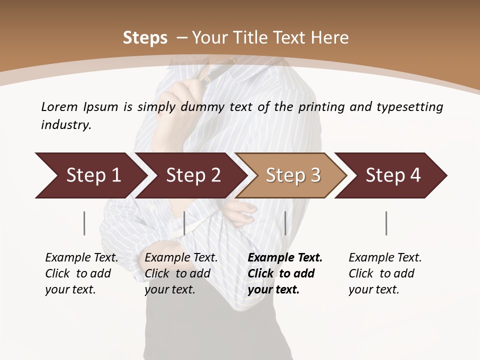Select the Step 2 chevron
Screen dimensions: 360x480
point(193,175)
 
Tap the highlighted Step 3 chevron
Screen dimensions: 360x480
point(292,175)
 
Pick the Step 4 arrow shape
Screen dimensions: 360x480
point(393,175)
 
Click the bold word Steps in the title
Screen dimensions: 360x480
point(145,38)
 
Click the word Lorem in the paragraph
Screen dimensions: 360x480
point(59,106)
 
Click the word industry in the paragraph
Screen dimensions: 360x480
point(65,124)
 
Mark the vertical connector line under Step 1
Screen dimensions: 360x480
point(84,223)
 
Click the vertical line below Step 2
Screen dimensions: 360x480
point(184,223)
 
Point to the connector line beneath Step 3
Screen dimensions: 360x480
point(285,223)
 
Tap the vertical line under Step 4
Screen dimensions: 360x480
point(386,223)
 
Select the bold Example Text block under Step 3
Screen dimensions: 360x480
point(285,273)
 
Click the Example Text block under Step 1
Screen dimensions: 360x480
point(81,273)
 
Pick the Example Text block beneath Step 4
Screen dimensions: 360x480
point(385,273)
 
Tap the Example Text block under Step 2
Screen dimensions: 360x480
point(181,273)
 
